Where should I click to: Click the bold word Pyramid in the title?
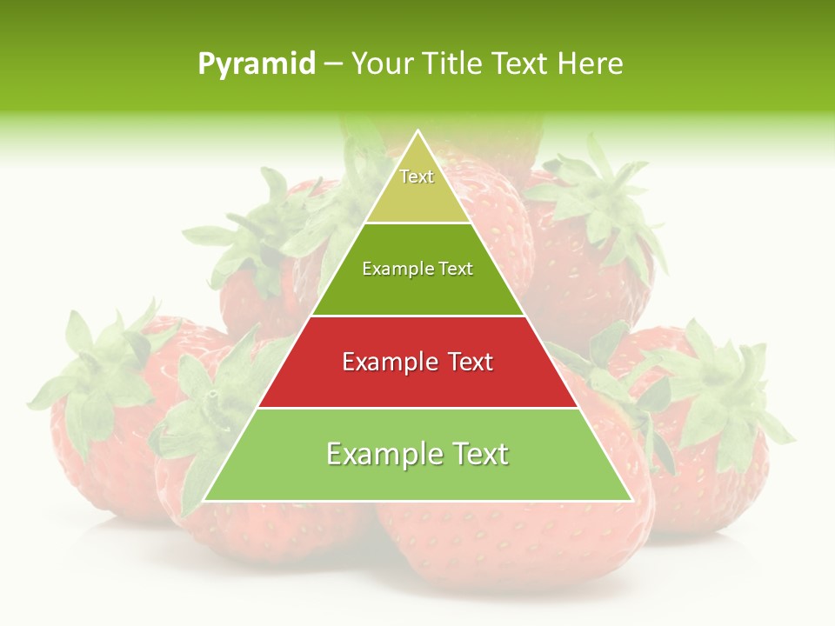tap(257, 64)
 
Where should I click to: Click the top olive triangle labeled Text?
tap(417, 187)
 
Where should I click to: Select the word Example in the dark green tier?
tap(391, 270)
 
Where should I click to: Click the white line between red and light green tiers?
tap(417, 408)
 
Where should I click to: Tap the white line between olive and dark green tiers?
tap(417, 223)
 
